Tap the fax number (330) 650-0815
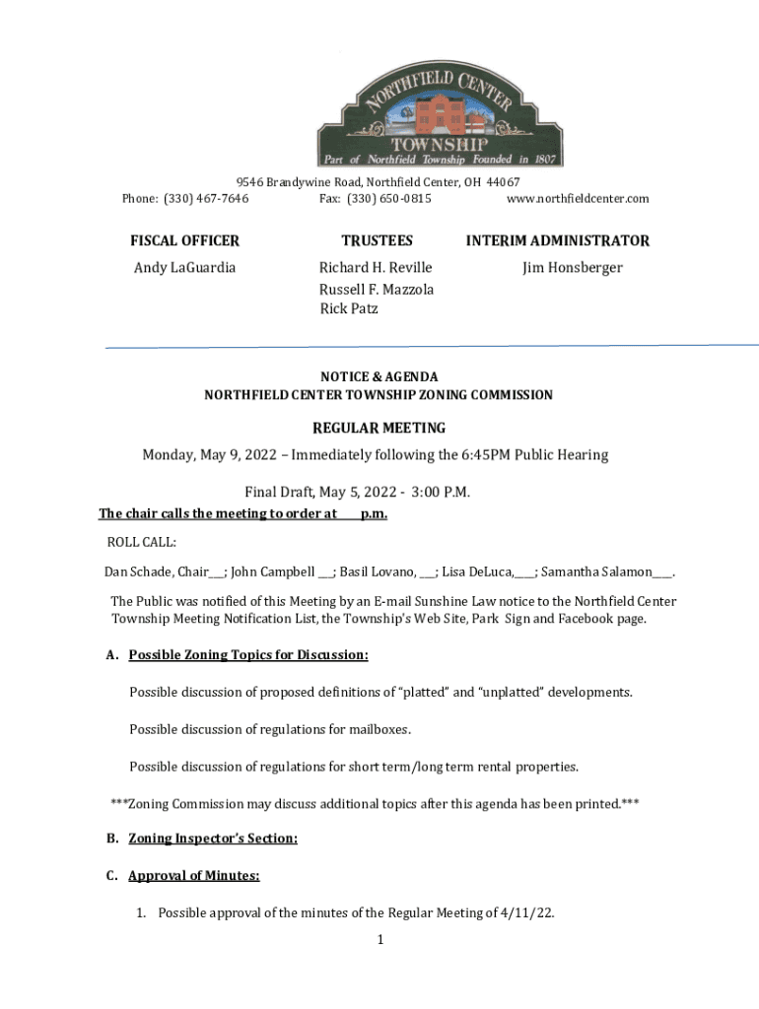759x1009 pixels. [389, 199]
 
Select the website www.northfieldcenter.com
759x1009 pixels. [578, 199]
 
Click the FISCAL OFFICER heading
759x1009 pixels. [185, 240]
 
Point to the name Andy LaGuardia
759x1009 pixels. [185, 268]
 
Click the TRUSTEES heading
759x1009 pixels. [378, 240]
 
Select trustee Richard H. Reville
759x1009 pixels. [376, 268]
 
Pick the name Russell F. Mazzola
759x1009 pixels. [377, 289]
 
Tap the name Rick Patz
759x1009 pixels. [349, 309]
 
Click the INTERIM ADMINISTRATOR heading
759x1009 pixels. [558, 240]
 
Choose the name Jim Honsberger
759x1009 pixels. [573, 268]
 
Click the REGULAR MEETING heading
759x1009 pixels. [379, 428]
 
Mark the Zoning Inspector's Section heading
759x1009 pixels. [213, 839]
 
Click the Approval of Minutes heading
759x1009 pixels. [194, 875]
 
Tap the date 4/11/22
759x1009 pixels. [528, 912]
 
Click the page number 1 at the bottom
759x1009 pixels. [379, 940]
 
